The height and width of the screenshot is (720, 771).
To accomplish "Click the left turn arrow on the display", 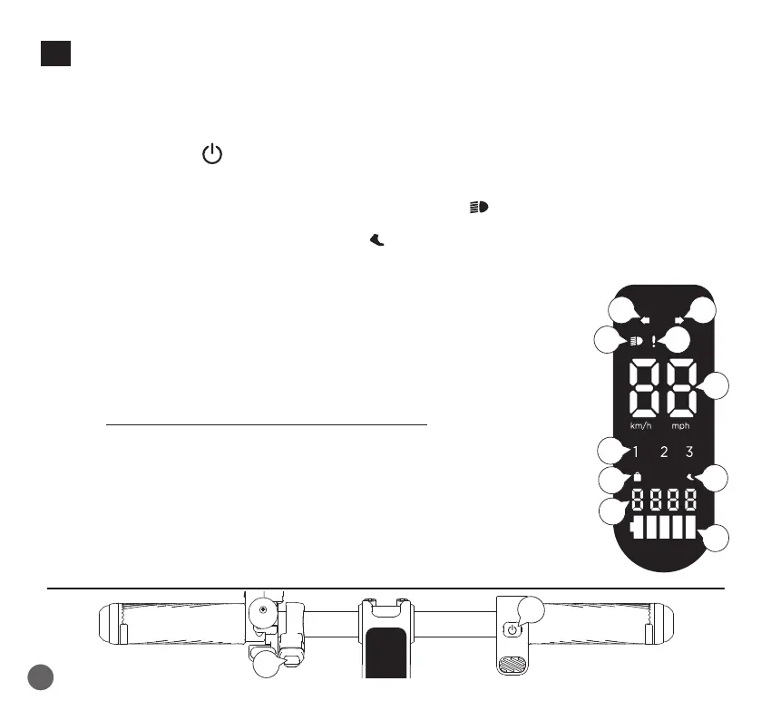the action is click(644, 320).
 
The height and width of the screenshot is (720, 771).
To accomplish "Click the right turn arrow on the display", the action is click(679, 320).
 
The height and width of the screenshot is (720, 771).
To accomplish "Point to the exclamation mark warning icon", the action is click(653, 343).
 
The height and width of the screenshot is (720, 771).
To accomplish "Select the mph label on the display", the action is click(683, 425).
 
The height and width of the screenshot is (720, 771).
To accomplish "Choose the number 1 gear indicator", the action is click(636, 452).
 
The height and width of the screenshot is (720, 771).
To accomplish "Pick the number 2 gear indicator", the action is click(664, 452).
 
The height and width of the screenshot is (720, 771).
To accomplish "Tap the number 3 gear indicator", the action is click(689, 452).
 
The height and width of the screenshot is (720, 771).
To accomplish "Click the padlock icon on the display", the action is click(637, 477).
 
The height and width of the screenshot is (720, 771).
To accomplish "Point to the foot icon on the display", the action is click(691, 477).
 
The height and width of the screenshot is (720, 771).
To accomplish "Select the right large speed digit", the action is click(680, 387).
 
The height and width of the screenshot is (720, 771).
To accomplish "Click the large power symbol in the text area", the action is click(211, 155).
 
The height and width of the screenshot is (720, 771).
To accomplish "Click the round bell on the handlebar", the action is click(263, 611).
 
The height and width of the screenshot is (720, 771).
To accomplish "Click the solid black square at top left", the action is click(55, 54).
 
